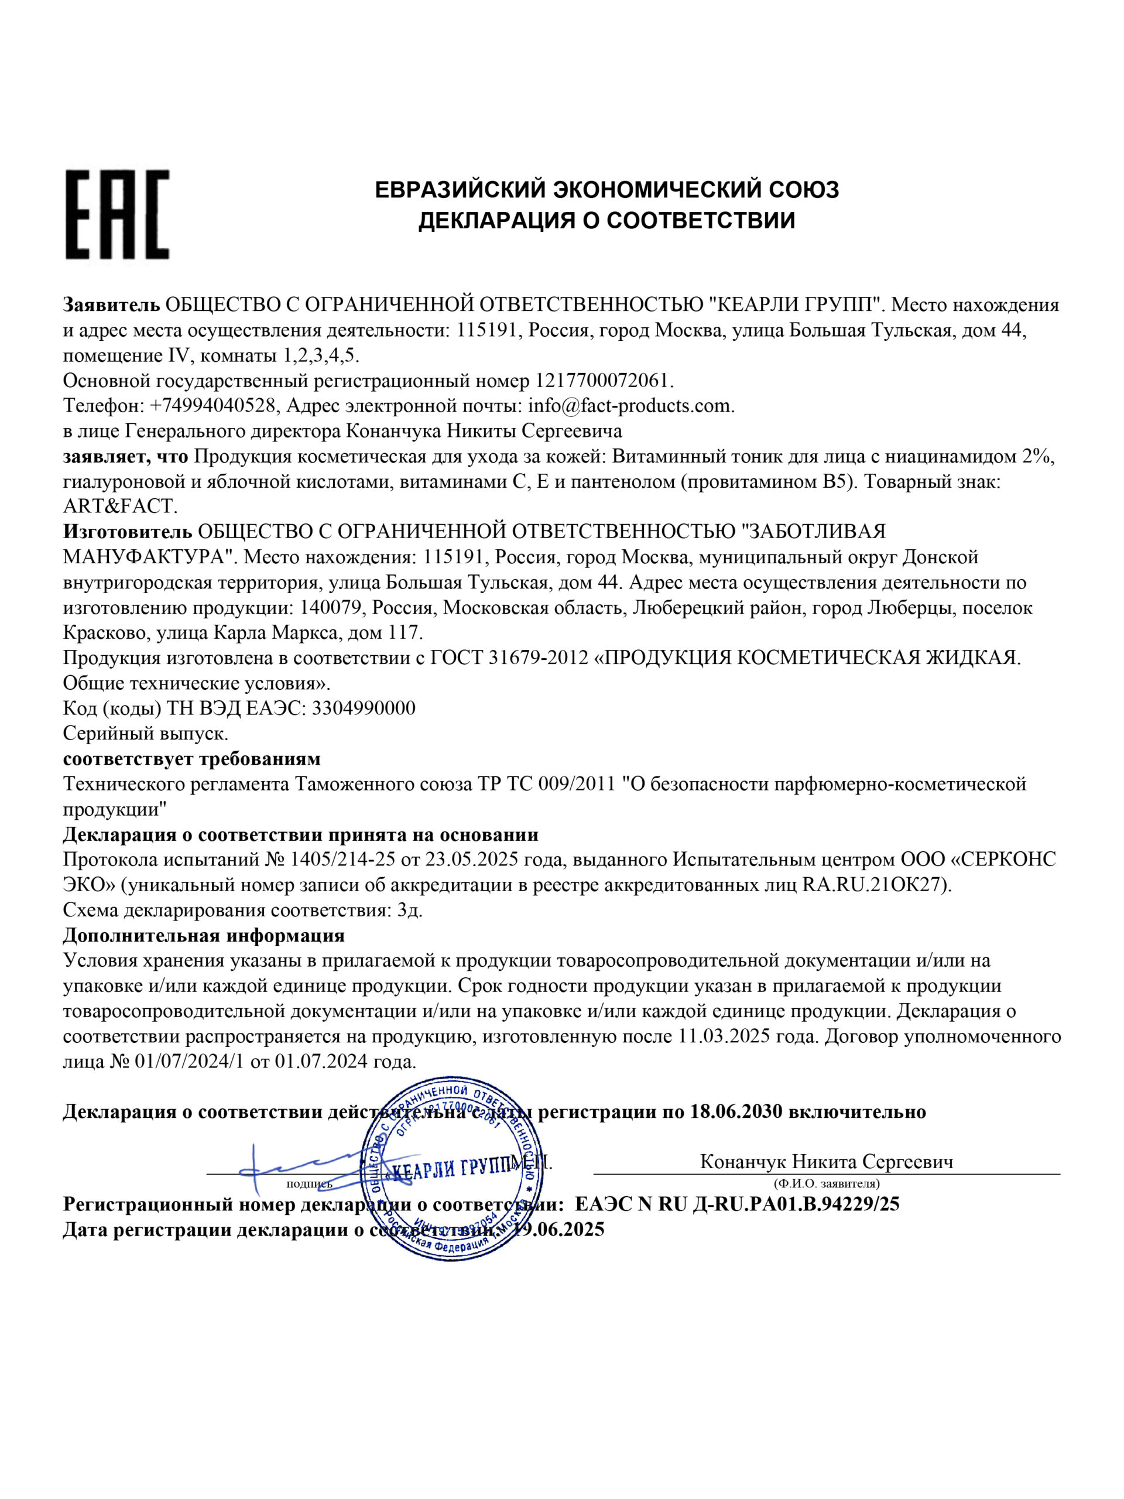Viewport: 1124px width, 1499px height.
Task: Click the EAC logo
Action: [116, 214]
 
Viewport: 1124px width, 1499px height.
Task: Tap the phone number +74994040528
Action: [214, 405]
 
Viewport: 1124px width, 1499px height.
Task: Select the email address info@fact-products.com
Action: [630, 405]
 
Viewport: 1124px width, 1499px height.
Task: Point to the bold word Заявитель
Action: [111, 304]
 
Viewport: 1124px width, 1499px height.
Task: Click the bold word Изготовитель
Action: [128, 531]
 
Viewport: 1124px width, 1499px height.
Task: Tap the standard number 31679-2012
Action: [538, 658]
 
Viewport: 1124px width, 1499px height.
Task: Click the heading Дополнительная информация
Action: [203, 935]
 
